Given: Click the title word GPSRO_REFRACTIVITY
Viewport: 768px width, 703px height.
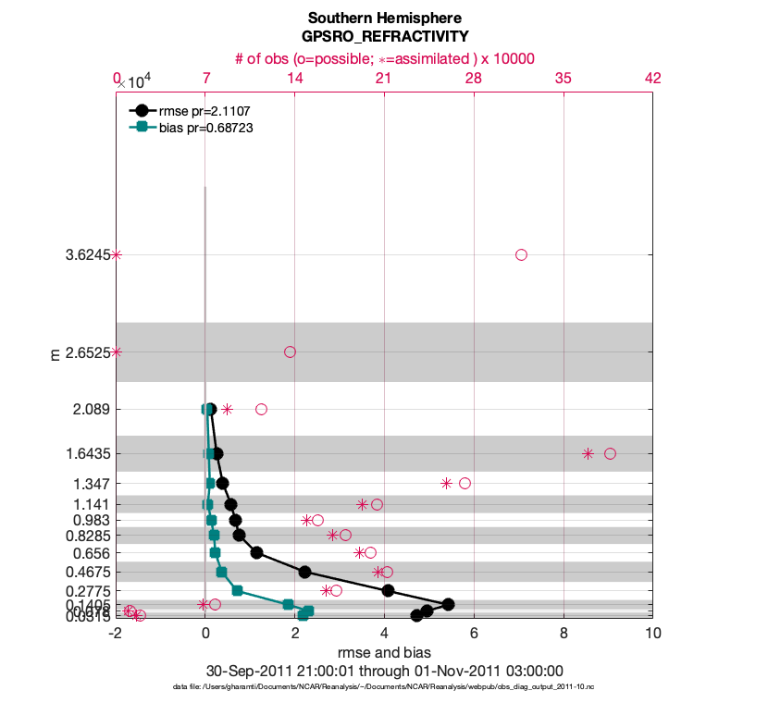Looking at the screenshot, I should coord(384,36).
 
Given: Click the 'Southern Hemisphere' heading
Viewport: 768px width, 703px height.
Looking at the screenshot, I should coord(384,18).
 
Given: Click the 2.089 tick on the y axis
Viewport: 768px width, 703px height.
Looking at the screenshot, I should coord(91,409).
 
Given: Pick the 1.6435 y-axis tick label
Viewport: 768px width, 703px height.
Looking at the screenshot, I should coord(85,453).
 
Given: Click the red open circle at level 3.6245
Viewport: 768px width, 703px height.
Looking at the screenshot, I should coord(521,254).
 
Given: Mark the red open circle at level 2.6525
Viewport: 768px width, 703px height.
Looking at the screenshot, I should coord(290,351).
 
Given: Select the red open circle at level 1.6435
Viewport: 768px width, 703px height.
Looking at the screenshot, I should coord(610,453).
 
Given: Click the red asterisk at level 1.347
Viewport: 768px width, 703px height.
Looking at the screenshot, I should coord(446,483).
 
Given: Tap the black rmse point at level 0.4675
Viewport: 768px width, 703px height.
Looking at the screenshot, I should coord(304,572).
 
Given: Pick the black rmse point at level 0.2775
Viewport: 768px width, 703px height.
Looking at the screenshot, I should coord(388,590).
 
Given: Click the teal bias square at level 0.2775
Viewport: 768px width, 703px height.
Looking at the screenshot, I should coord(237,590).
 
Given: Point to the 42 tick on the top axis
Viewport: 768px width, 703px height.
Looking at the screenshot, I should coord(652,79).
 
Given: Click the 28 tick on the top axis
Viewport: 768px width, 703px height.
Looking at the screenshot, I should coord(474,79).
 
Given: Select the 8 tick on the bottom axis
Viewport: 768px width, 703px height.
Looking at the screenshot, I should coord(564,635).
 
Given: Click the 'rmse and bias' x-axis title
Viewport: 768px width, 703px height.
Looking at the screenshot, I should coord(384,653).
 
